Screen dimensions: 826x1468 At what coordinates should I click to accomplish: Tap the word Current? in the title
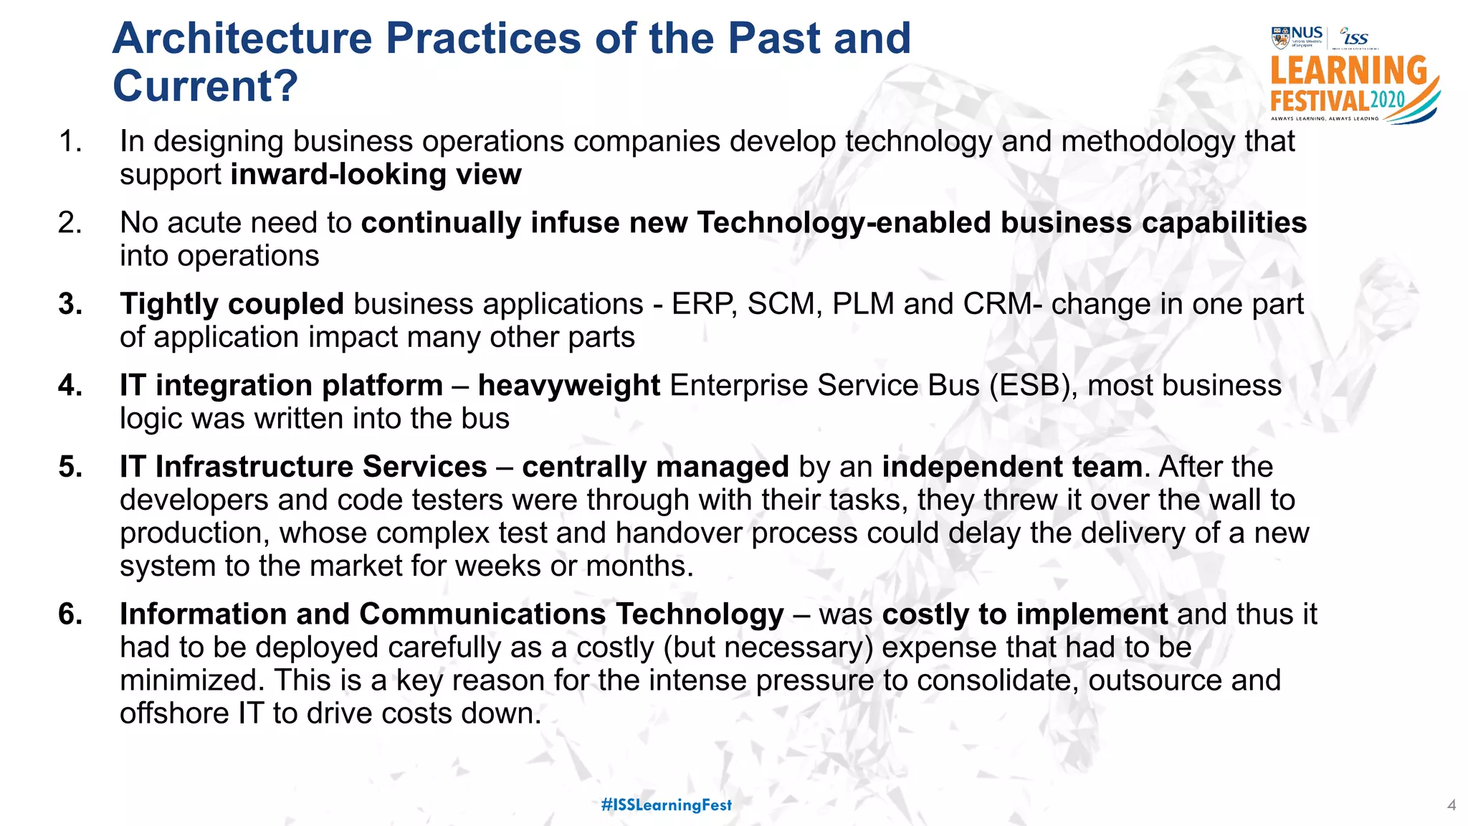(205, 87)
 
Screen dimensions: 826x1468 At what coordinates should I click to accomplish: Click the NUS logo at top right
(1297, 37)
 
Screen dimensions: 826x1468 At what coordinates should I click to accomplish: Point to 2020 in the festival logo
(1388, 100)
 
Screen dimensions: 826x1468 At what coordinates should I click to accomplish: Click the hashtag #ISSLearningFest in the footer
(667, 804)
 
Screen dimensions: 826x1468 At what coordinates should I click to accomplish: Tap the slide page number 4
(1451, 805)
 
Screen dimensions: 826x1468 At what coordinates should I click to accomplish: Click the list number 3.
(70, 305)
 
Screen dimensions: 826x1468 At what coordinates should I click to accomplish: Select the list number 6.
(70, 614)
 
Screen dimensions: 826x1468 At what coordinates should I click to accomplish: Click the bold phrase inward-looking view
(376, 175)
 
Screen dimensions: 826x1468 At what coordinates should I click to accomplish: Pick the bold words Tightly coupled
(232, 305)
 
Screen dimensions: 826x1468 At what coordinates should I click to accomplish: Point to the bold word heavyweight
(568, 386)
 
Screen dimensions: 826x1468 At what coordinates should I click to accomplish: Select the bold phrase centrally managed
(655, 467)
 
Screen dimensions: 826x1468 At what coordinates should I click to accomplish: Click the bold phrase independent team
(1011, 467)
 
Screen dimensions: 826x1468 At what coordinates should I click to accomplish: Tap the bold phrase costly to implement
(1024, 615)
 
